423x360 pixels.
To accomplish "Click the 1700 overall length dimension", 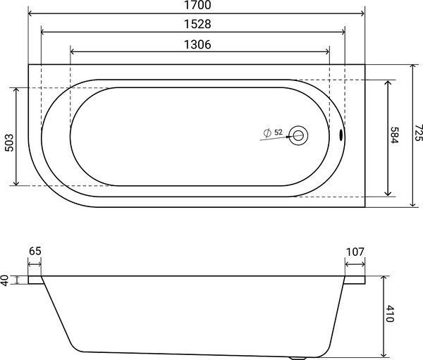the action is pos(197,5).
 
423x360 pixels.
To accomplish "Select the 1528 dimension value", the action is pos(197,24).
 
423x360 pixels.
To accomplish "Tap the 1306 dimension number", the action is pos(197,44).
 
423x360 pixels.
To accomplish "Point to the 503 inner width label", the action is pos(9,142).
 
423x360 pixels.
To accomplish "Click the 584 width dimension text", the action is pos(394,135).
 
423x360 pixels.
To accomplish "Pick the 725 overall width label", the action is pos(418,132).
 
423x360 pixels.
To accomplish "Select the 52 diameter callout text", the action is pos(278,132).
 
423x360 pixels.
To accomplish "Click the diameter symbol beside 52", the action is pos(267,133).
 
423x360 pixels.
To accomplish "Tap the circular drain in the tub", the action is pos(298,136).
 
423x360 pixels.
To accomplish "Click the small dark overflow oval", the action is pos(341,135).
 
